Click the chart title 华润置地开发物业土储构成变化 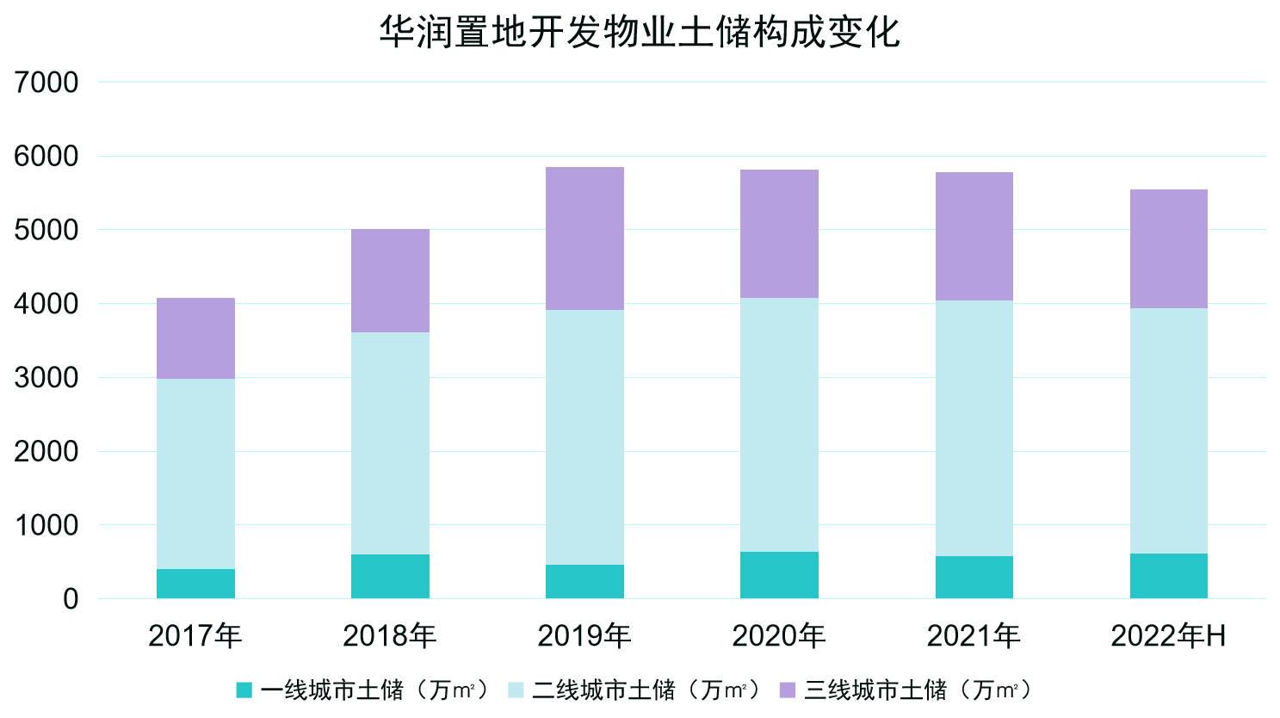click(x=640, y=33)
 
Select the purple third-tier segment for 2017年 click(x=195, y=338)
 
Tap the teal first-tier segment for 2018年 click(x=390, y=576)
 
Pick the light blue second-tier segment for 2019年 click(x=584, y=437)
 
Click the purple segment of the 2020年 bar click(x=779, y=233)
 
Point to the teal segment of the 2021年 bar click(x=974, y=577)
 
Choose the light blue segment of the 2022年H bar click(x=1168, y=430)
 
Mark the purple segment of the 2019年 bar click(x=584, y=238)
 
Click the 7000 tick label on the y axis click(x=46, y=83)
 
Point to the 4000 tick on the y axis click(x=46, y=304)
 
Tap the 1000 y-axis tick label click(x=46, y=525)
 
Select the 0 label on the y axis click(x=71, y=599)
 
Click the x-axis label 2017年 click(x=195, y=636)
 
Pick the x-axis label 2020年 click(x=779, y=636)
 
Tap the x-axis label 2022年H click(x=1168, y=636)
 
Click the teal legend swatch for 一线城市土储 click(x=244, y=690)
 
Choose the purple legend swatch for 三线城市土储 click(x=787, y=690)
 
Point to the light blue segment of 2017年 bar click(x=195, y=474)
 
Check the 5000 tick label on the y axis click(x=46, y=230)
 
